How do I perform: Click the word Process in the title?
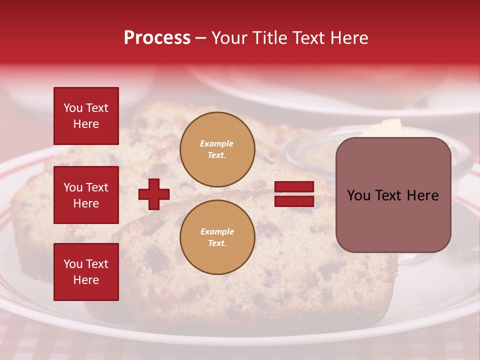coord(157,38)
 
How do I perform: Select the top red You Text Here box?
coord(86,116)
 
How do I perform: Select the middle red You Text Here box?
coord(86,195)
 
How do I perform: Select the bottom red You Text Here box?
coord(86,271)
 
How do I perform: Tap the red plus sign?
coord(154,194)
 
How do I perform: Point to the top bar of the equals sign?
coord(294,187)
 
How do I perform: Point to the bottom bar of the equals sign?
coord(294,201)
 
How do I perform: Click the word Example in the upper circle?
coord(217,143)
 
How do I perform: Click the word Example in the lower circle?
coord(217,231)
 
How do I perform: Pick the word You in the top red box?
coord(72,108)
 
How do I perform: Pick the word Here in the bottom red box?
coord(86,280)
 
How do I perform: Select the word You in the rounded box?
coord(358,195)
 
